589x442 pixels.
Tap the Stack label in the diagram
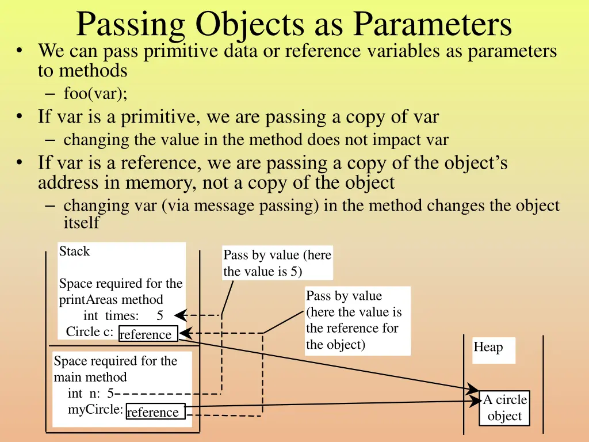point(74,252)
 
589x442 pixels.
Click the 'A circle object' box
point(504,408)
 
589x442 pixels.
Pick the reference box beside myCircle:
point(155,411)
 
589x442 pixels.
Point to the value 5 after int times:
point(160,315)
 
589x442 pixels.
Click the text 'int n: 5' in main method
point(90,394)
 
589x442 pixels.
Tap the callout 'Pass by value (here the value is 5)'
point(277,263)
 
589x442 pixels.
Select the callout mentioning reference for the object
point(357,320)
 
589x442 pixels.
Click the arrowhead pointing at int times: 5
point(180,315)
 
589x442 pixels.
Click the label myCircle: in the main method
point(95,409)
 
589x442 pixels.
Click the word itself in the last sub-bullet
point(81,223)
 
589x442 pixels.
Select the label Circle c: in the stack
point(89,332)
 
